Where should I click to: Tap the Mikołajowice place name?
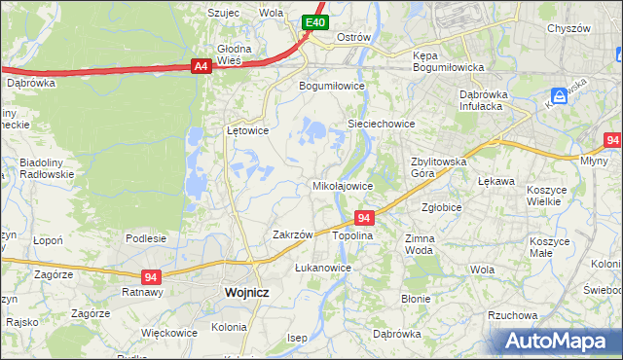[x=342, y=186]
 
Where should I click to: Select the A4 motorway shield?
[x=201, y=66]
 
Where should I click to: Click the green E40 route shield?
[x=313, y=22]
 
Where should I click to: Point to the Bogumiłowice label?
[x=331, y=86]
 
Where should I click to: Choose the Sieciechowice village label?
[x=382, y=125]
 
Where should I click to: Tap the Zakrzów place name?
[x=292, y=234]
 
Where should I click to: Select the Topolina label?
[x=352, y=236]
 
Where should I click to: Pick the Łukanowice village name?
[x=323, y=267]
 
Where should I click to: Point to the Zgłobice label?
[x=442, y=207]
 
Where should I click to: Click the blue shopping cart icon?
[x=559, y=96]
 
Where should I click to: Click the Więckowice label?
[x=169, y=333]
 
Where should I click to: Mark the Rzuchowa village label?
[x=513, y=315]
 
